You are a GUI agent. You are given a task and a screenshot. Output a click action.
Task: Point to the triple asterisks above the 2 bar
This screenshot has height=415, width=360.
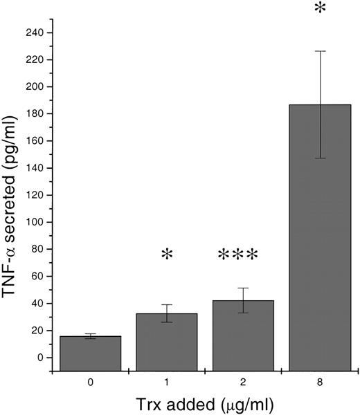click(237, 256)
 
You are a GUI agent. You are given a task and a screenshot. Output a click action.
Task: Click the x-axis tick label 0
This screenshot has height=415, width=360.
click(91, 380)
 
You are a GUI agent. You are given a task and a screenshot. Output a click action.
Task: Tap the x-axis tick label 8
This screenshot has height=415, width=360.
click(320, 380)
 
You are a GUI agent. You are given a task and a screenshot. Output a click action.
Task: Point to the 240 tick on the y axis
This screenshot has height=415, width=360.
click(37, 33)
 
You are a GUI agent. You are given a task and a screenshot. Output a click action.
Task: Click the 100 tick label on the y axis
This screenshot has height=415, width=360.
click(37, 222)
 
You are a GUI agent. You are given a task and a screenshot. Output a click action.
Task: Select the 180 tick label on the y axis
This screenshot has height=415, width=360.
click(37, 114)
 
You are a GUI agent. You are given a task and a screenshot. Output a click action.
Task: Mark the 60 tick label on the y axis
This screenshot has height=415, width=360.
click(39, 276)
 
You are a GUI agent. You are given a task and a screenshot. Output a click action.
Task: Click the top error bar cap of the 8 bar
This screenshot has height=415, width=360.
click(320, 51)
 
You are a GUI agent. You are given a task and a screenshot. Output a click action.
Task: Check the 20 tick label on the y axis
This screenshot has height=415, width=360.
click(39, 330)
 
